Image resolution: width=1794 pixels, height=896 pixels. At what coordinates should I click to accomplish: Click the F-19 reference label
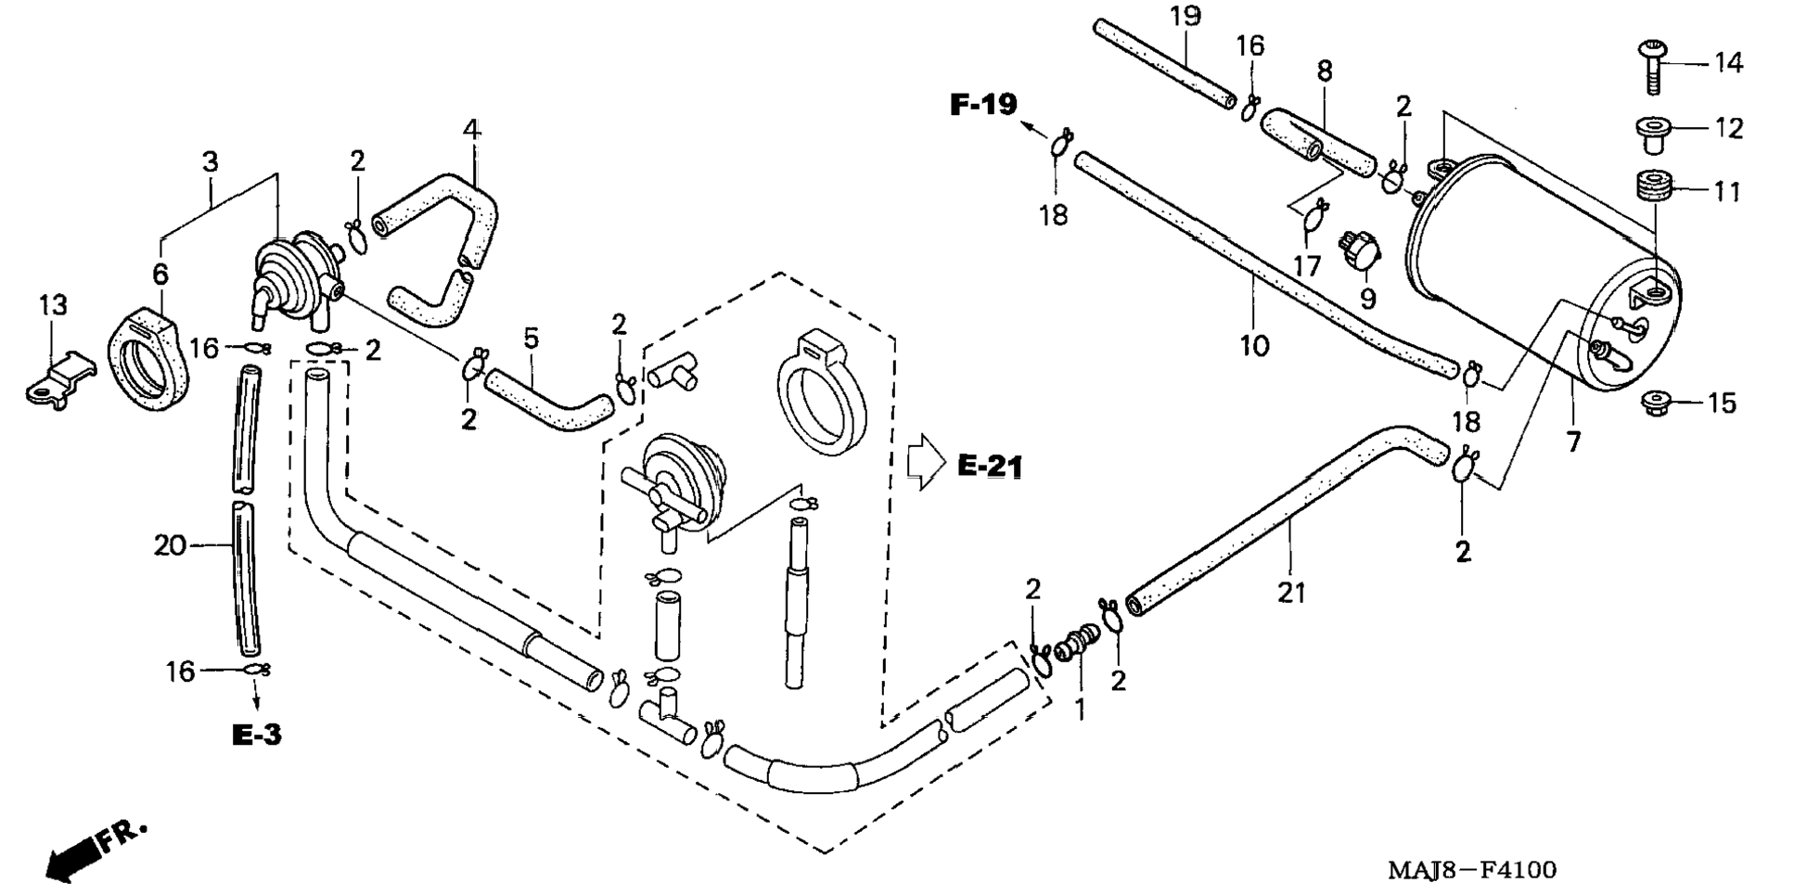(983, 104)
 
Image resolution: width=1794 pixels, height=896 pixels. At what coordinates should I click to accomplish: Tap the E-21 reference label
(990, 466)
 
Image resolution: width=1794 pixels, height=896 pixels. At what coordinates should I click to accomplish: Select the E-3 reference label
(256, 735)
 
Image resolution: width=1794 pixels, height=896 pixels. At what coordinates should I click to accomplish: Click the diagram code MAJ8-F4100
(1472, 870)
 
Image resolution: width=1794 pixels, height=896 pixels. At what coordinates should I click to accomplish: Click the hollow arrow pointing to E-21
(925, 461)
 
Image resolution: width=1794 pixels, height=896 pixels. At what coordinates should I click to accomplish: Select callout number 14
(1728, 63)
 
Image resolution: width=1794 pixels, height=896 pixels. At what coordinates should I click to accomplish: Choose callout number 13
(53, 304)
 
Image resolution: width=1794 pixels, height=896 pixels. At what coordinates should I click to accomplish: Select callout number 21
(1291, 592)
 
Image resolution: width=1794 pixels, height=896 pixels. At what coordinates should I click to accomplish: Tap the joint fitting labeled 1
(1076, 643)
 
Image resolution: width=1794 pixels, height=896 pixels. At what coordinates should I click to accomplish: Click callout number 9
(1367, 299)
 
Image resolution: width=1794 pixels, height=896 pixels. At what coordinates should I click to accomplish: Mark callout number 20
(170, 545)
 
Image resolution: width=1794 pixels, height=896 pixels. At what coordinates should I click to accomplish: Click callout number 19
(1185, 17)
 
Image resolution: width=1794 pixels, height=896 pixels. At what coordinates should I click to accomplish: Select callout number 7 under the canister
(1573, 442)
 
